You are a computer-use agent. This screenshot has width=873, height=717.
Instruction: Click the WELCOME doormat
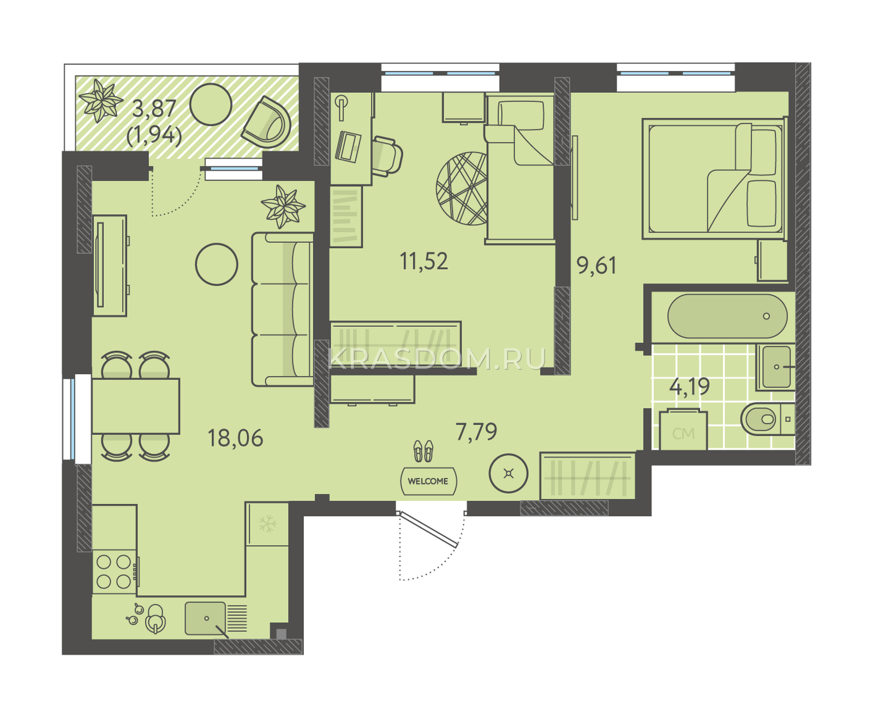click(x=428, y=481)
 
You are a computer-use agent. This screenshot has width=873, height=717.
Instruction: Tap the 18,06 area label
click(x=235, y=438)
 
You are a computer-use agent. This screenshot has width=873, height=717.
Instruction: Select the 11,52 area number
click(x=423, y=261)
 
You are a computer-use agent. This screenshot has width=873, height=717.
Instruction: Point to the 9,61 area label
click(x=596, y=265)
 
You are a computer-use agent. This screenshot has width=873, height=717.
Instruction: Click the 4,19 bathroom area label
click(x=689, y=387)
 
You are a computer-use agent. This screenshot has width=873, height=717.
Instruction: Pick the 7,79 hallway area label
click(x=476, y=432)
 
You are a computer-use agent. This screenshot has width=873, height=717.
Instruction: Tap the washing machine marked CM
click(x=683, y=429)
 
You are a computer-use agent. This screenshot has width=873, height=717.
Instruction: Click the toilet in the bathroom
click(x=767, y=419)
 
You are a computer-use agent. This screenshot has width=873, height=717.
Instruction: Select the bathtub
click(x=727, y=316)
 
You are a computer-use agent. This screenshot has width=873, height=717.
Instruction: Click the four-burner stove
click(x=114, y=572)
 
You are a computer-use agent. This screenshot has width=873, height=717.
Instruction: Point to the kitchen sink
click(x=206, y=618)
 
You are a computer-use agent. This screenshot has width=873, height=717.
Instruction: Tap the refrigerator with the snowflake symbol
click(x=267, y=524)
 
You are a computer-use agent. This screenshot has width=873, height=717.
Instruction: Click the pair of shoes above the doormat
click(x=423, y=451)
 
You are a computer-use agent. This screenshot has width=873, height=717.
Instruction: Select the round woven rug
click(x=462, y=188)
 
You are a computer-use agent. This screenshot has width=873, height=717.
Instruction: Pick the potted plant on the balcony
click(x=101, y=101)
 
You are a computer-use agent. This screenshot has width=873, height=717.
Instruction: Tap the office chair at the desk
click(x=387, y=157)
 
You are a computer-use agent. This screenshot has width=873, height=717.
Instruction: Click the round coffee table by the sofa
click(x=217, y=265)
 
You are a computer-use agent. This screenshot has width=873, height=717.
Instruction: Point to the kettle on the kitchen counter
click(x=156, y=618)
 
